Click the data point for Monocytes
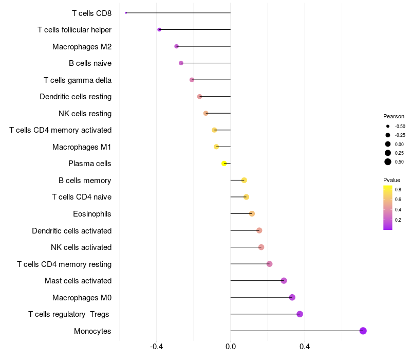click(x=363, y=331)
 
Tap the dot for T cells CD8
click(x=126, y=13)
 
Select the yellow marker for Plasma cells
click(x=224, y=164)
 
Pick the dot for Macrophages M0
click(x=292, y=297)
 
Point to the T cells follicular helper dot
click(x=159, y=30)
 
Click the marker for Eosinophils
click(x=252, y=214)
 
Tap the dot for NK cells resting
click(x=206, y=113)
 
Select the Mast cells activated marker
click(x=284, y=281)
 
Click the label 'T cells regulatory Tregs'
click(x=69, y=314)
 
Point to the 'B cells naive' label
click(x=90, y=63)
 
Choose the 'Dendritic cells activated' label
click(x=71, y=230)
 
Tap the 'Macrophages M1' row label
click(x=82, y=147)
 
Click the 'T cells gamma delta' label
click(x=78, y=80)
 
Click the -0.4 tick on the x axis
click(x=157, y=347)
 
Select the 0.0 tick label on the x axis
click(x=231, y=347)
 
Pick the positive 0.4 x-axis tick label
click(x=305, y=347)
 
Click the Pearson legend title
click(x=394, y=116)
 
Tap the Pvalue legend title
click(x=391, y=180)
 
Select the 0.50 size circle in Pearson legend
click(x=388, y=162)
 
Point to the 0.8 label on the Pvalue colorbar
click(x=398, y=190)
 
